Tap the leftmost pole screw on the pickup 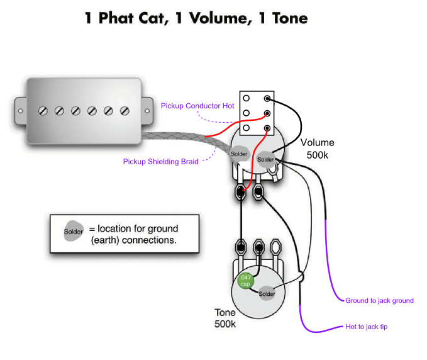pos(43,111)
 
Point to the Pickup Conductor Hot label pos(197,106)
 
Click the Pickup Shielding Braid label pos(160,162)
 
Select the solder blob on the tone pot pos(267,293)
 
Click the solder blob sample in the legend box pos(73,232)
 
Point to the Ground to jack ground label pos(379,301)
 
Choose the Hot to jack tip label pos(370,327)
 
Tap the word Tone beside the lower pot pos(225,313)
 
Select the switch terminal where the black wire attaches pos(268,99)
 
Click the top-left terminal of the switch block pos(247,99)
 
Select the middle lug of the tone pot pos(258,245)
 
